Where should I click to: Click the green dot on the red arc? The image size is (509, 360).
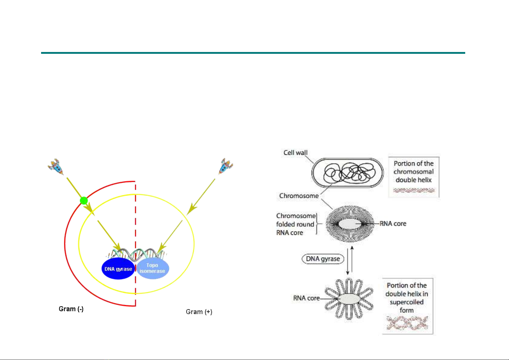(84, 201)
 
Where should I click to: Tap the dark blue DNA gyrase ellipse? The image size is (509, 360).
(118, 269)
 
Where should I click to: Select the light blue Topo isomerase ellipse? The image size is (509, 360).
(153, 269)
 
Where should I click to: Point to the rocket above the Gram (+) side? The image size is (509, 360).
(225, 166)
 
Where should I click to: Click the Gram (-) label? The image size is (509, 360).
(71, 309)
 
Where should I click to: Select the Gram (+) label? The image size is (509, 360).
(199, 312)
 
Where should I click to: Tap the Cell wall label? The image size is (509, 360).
(295, 153)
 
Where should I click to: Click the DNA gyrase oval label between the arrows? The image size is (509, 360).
(323, 259)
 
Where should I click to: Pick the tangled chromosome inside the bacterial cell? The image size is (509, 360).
(349, 172)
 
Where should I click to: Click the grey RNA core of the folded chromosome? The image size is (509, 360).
(350, 224)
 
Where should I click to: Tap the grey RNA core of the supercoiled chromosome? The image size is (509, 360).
(349, 299)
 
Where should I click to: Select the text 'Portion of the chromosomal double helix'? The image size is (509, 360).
(414, 172)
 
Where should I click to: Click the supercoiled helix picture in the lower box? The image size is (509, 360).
(407, 323)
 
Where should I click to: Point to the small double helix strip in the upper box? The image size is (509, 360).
(414, 190)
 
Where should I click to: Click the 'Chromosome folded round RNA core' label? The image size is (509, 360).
(296, 224)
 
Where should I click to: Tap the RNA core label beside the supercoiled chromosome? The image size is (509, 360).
(306, 298)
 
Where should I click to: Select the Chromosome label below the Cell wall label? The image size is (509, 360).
(299, 196)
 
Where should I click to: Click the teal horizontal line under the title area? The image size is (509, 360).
(253, 53)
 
